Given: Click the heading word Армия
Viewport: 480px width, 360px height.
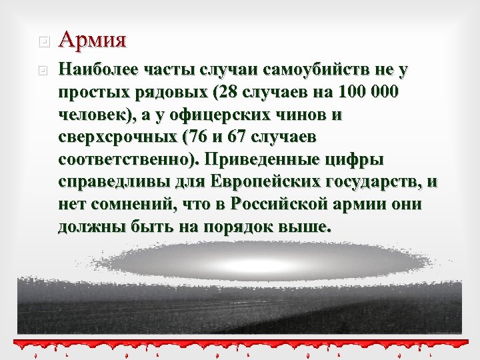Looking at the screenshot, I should coord(92,40).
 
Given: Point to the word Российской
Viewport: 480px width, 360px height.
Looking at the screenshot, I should coord(266,205).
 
